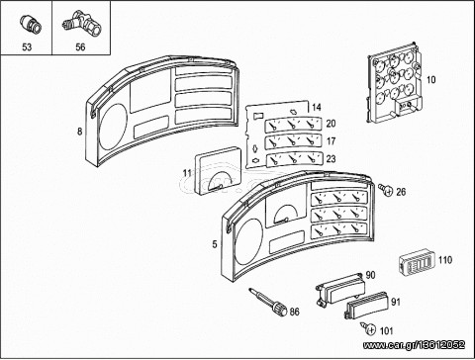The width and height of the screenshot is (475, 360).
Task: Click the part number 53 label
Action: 27,47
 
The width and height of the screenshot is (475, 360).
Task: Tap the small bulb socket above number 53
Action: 30,25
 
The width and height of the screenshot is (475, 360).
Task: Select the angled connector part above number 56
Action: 81,25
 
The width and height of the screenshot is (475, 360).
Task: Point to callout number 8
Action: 79,132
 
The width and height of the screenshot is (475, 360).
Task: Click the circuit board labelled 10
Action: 394,83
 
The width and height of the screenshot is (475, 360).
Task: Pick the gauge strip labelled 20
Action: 293,125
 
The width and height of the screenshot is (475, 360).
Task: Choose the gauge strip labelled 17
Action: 293,141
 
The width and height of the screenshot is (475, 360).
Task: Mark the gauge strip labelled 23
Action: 294,159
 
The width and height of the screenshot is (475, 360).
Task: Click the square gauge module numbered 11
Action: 218,170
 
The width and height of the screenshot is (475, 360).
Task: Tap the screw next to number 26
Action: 386,189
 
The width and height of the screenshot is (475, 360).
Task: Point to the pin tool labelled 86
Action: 269,302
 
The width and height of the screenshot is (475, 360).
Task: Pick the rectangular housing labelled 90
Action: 339,288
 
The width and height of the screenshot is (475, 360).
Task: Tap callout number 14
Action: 316,107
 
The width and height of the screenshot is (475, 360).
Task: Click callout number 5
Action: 215,244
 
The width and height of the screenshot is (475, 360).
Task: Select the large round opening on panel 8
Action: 113,127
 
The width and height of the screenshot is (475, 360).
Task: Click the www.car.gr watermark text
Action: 414,345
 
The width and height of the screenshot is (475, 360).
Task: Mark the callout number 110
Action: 445,260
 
